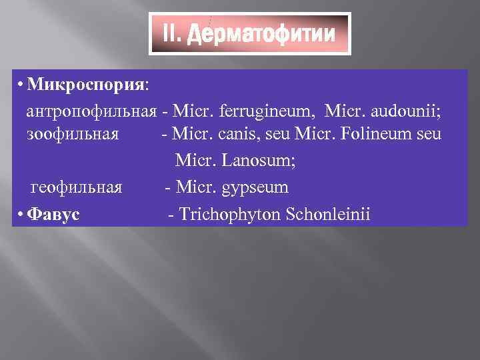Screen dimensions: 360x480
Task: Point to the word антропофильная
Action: tap(92, 109)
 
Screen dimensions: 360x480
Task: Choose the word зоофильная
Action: tap(73, 133)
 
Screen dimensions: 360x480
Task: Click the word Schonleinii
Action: tap(329, 214)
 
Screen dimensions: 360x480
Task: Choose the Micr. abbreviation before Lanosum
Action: tap(193, 161)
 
